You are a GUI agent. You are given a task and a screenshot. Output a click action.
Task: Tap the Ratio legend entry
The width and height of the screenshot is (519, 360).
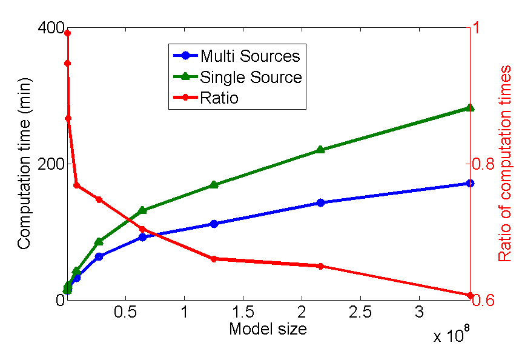[219, 98]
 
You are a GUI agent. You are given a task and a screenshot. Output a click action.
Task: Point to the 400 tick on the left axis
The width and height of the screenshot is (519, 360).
[47, 28]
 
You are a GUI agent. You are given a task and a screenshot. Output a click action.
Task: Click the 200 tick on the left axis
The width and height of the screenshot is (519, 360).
[47, 164]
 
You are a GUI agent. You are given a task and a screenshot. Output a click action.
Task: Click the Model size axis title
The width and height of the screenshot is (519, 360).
[267, 329]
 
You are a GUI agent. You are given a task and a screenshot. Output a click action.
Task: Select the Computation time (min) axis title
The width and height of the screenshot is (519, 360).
[24, 164]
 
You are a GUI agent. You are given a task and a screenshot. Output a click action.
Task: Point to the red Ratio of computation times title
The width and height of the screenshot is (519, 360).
[504, 164]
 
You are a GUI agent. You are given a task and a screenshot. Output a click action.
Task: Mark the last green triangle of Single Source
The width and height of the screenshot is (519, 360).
[470, 108]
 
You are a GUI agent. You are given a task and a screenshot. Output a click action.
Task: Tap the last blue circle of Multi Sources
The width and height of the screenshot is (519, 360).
[470, 183]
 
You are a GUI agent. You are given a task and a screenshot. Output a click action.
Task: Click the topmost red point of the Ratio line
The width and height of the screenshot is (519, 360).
[68, 33]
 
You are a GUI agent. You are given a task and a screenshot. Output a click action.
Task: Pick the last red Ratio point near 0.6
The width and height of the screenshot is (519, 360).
[470, 295]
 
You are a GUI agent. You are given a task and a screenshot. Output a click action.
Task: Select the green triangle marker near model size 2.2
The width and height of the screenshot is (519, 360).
[320, 150]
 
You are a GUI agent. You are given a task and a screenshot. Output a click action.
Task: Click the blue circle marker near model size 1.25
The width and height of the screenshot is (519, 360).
[214, 224]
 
